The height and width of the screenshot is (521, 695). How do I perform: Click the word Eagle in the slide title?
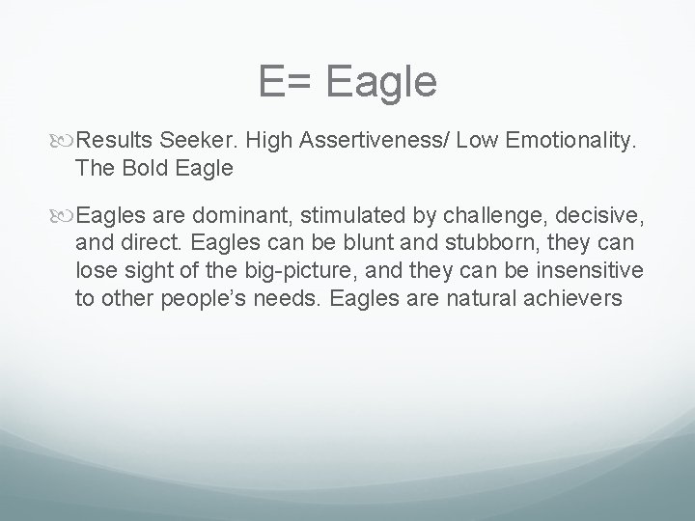(x=382, y=83)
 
